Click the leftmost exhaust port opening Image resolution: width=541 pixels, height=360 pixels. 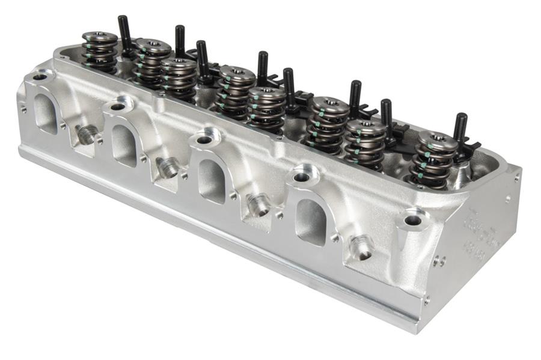46,114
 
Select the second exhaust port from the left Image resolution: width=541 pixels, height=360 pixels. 123,145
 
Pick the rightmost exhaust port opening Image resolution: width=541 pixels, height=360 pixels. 310,221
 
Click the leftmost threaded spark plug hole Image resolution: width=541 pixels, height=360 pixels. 86,135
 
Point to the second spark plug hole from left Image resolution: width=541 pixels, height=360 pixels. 168,168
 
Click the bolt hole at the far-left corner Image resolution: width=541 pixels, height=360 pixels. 40,77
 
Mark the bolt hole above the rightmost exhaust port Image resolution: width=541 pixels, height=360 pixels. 301,177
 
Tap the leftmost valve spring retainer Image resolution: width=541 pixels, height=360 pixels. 99,37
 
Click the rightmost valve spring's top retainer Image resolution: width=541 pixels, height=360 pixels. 438,139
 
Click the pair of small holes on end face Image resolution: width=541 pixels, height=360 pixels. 440,261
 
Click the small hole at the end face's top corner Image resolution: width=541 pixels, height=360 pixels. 516,177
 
